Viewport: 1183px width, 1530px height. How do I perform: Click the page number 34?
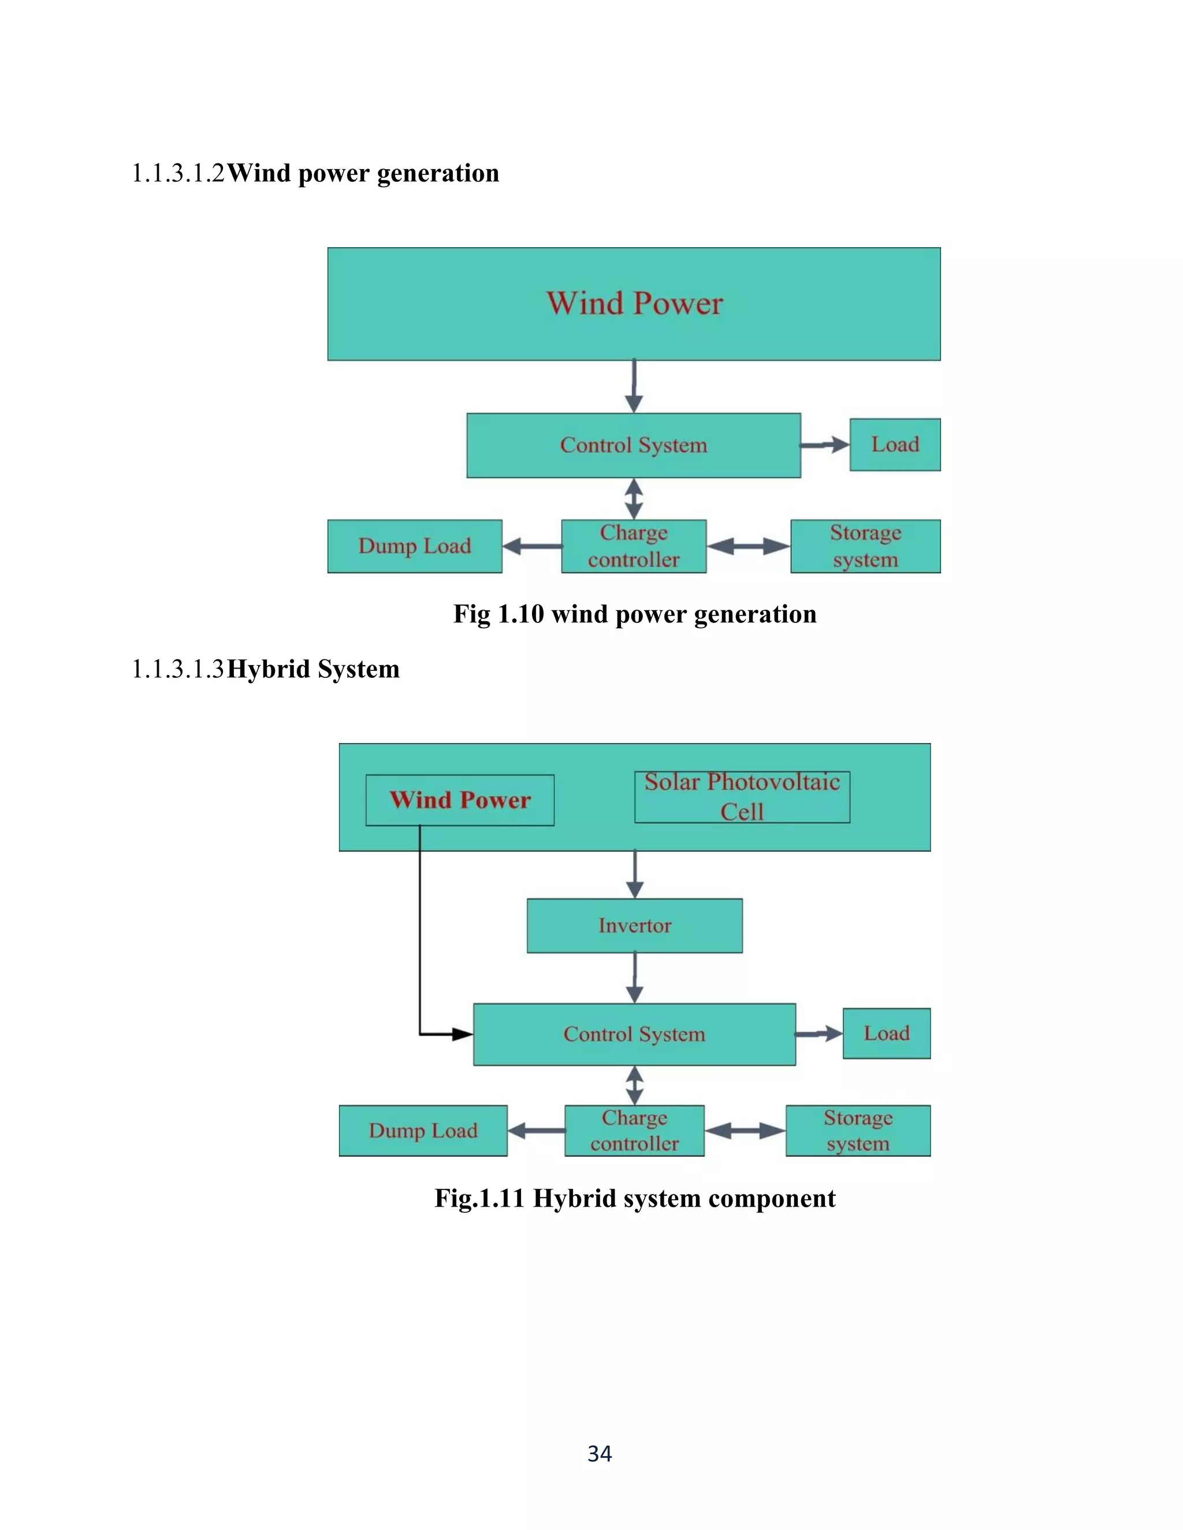tap(599, 1454)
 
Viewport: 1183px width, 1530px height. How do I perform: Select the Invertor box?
tap(634, 926)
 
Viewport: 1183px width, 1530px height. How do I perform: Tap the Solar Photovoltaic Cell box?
tap(742, 797)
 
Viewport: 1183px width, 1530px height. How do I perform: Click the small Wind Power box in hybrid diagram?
tap(460, 800)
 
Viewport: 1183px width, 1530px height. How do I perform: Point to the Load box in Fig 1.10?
tap(894, 445)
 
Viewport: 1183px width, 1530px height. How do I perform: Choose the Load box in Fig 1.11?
tap(886, 1033)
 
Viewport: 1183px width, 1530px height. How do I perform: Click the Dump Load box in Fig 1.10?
tap(414, 546)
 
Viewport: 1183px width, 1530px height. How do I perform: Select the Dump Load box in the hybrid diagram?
tap(423, 1130)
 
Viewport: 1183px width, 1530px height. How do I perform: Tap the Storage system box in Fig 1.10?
tap(865, 546)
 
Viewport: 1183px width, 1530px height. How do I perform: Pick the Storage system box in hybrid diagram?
tap(857, 1130)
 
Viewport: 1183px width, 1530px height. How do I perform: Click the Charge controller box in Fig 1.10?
tap(634, 546)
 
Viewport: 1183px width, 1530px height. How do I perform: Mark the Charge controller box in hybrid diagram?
tap(634, 1130)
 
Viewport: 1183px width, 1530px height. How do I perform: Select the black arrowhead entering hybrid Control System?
tap(463, 1034)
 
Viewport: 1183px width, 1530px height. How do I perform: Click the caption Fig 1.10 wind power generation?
tap(634, 614)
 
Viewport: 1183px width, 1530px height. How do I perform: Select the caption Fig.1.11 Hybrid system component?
tap(634, 1199)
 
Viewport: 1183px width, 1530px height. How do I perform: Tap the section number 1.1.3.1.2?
tap(178, 174)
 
